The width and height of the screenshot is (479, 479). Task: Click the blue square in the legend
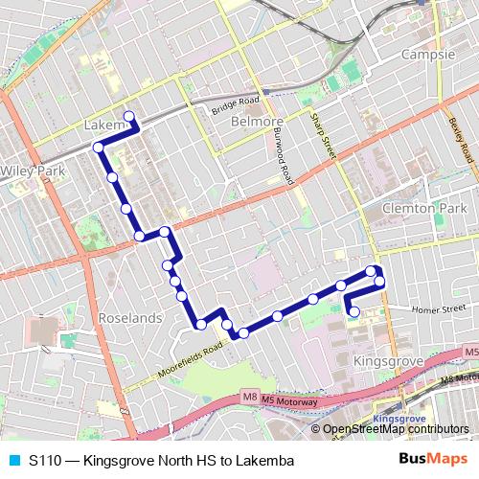(x=13, y=459)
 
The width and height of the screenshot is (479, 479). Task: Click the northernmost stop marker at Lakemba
(x=128, y=117)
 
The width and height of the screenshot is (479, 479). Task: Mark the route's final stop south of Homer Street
(x=354, y=311)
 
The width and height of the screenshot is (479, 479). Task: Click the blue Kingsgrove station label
(x=397, y=420)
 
